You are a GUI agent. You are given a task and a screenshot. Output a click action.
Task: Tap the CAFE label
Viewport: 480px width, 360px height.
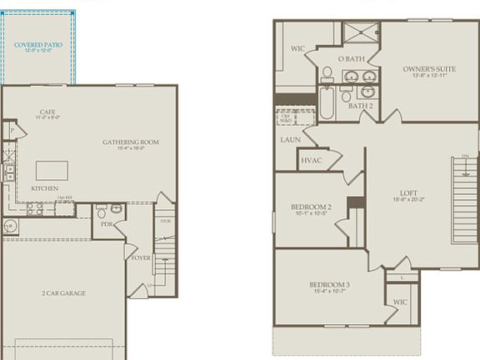click(47, 112)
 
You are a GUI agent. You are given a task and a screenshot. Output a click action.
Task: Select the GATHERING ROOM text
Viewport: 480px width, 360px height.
click(131, 142)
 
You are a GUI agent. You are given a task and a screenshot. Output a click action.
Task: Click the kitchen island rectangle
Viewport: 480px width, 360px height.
click(52, 170)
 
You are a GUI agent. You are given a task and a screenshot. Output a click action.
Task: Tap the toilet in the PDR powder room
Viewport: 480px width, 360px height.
click(102, 212)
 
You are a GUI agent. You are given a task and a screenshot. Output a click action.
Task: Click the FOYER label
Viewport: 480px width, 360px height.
click(141, 257)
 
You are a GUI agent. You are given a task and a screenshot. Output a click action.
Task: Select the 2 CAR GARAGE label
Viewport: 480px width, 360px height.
click(64, 293)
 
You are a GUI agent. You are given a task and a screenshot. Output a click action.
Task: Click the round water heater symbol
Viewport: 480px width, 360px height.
click(10, 225)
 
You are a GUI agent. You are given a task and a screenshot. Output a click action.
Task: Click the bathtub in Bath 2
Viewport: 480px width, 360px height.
click(326, 103)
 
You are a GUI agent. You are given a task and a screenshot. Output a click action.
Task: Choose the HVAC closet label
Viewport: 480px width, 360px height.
click(311, 160)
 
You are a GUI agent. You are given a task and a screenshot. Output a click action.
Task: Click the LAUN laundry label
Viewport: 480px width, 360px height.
click(290, 140)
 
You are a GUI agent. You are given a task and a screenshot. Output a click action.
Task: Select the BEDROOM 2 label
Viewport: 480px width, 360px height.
click(311, 207)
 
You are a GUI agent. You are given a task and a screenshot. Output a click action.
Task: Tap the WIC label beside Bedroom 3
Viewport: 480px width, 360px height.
click(400, 302)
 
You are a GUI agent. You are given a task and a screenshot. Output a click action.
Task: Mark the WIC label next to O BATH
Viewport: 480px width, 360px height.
click(297, 48)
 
